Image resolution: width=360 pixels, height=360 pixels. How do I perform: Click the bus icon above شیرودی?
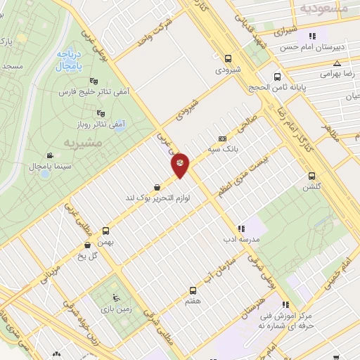[228, 59]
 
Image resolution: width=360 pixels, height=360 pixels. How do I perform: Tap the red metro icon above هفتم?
[193, 290]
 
